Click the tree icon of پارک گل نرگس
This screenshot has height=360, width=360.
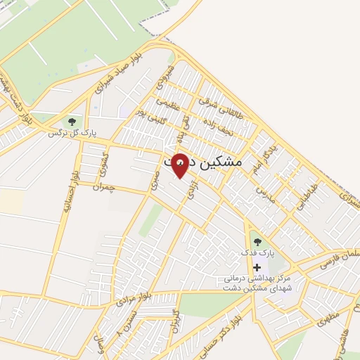pos(73,122)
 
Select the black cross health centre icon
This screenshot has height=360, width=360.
pos(257,267)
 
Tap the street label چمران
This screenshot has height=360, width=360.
pos(102,187)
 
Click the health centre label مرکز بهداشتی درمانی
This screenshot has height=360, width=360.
pos(264,279)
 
